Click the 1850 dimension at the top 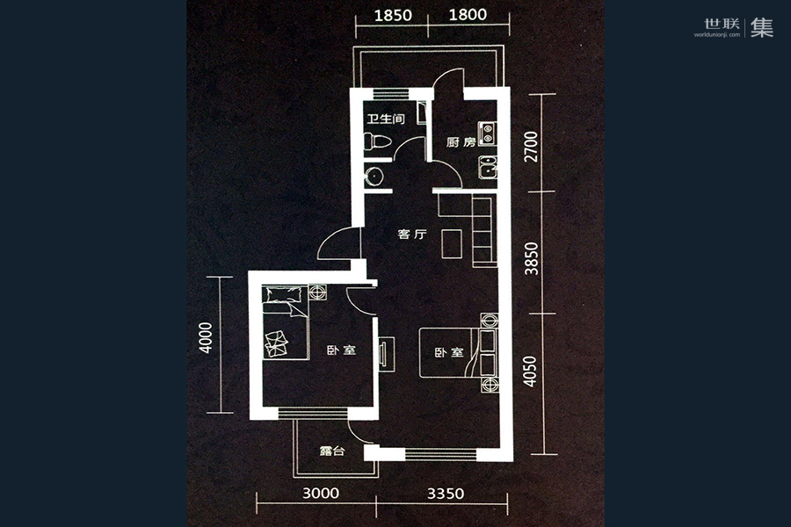(393, 16)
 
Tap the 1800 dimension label (468, 15)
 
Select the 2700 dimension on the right (531, 147)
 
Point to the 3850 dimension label (531, 258)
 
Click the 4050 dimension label (530, 372)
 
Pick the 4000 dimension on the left (206, 337)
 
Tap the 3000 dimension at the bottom (321, 493)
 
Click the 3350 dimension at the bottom (446, 493)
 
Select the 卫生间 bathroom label (386, 119)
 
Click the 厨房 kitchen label (461, 142)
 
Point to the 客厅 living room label (412, 234)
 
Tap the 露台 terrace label (332, 451)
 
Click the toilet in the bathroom (377, 141)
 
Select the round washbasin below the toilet (374, 177)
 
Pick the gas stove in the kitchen (487, 134)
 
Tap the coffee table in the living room (452, 244)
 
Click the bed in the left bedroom (285, 322)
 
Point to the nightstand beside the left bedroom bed (318, 292)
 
